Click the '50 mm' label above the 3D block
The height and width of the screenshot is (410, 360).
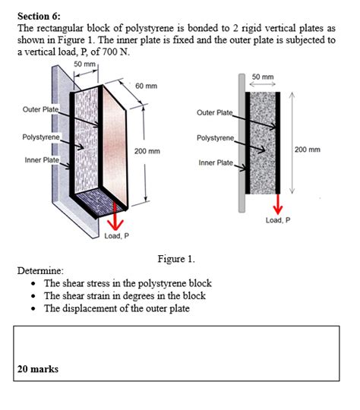(85, 63)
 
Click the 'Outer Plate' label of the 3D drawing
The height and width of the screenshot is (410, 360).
(40, 109)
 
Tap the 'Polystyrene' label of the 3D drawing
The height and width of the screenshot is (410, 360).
(39, 137)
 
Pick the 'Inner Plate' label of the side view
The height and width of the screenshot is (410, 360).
(216, 162)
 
